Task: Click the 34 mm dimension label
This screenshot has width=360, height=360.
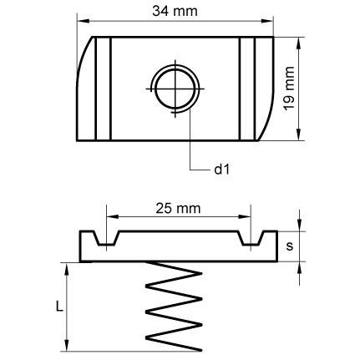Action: click(x=175, y=12)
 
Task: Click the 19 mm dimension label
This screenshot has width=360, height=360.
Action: click(x=289, y=89)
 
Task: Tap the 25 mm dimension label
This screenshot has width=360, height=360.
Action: click(x=178, y=208)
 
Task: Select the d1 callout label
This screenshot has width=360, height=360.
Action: click(x=222, y=169)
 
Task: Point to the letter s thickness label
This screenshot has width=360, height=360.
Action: click(x=290, y=246)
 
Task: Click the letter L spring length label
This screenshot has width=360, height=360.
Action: click(x=59, y=307)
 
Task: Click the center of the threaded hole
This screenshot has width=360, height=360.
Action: click(x=175, y=89)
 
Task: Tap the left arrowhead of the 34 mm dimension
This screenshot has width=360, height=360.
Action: click(x=83, y=21)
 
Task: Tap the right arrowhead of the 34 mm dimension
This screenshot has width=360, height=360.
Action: click(x=267, y=21)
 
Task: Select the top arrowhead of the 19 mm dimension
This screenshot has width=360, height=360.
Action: click(x=299, y=43)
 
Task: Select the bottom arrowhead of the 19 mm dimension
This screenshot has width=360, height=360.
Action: click(x=299, y=134)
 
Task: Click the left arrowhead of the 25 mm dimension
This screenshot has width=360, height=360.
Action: click(x=113, y=216)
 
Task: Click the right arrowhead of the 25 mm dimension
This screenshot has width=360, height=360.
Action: click(x=245, y=216)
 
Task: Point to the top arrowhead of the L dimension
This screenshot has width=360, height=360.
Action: click(x=67, y=269)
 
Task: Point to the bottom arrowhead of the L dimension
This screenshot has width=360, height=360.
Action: click(x=67, y=345)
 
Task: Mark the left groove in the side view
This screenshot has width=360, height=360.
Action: click(x=106, y=238)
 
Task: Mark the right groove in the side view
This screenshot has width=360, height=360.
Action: click(x=251, y=238)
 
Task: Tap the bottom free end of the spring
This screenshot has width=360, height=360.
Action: click(x=200, y=350)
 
